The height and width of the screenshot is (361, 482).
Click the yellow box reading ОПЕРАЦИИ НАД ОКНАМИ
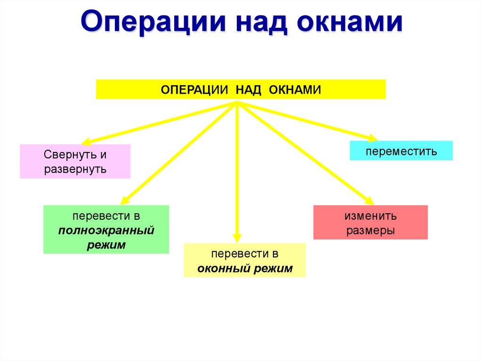(241, 89)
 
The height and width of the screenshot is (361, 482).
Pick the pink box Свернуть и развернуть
(75, 161)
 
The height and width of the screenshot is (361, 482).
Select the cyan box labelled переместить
(401, 151)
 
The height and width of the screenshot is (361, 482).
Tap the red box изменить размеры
(370, 223)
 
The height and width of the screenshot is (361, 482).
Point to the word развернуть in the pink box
(75, 169)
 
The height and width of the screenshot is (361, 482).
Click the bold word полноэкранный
(106, 231)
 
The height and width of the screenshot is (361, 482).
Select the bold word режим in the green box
(106, 245)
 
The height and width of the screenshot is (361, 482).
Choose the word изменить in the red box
(370, 216)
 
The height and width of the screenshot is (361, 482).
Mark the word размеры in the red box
(370, 231)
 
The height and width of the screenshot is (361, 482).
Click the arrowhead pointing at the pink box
(86, 141)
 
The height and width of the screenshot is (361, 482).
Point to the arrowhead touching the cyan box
(373, 138)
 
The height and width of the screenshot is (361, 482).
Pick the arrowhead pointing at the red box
(369, 200)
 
